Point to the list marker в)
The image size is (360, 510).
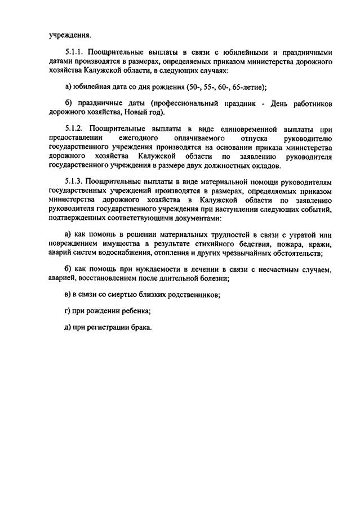(x=68, y=295)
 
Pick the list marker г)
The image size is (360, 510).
(x=68, y=311)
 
